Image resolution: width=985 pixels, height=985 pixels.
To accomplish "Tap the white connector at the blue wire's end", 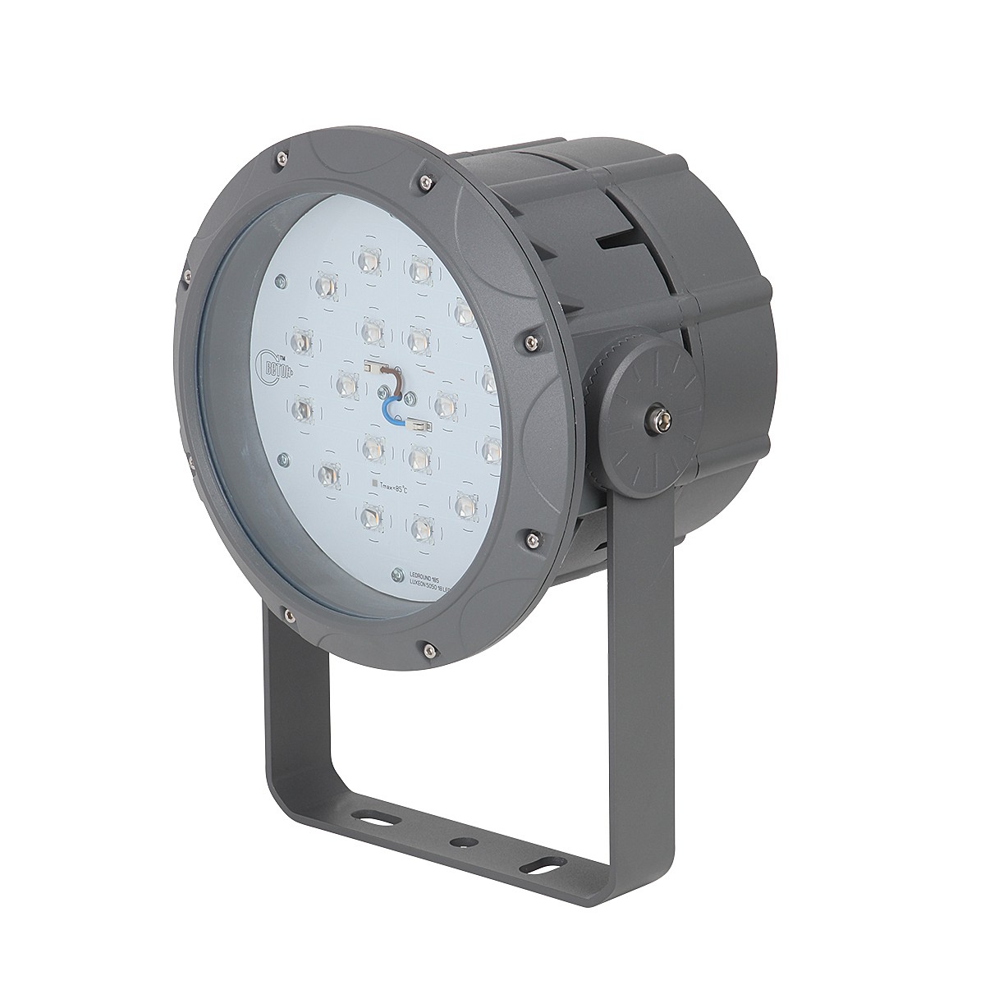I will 419,425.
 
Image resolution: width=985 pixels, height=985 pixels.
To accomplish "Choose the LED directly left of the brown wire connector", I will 346,383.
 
